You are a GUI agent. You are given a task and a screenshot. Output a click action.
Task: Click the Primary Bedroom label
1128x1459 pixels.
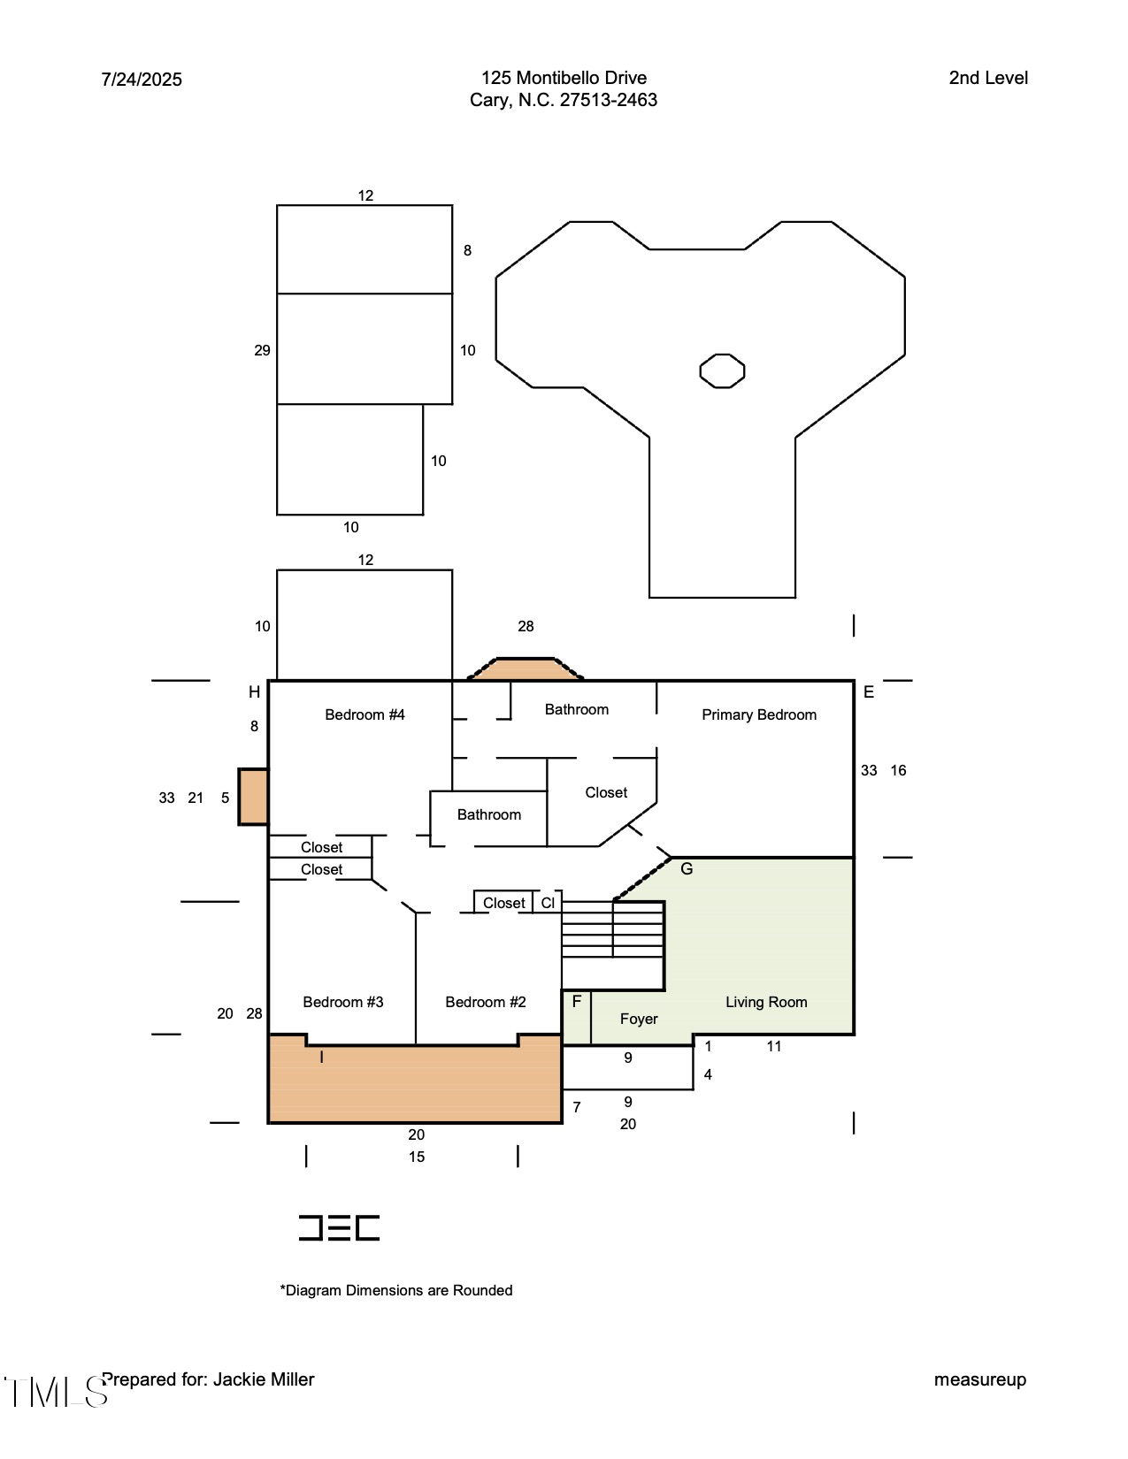click(758, 714)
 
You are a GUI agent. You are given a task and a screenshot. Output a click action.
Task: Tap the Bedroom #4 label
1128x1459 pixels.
click(364, 714)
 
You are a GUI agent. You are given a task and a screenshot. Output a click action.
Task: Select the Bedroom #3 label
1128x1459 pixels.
click(342, 1002)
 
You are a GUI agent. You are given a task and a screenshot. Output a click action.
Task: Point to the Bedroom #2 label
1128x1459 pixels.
click(485, 1002)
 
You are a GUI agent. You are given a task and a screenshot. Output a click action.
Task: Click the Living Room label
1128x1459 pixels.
click(765, 1002)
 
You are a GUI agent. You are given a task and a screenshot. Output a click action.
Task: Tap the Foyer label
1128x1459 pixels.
click(638, 1019)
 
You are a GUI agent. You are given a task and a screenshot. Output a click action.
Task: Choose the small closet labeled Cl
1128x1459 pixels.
click(548, 903)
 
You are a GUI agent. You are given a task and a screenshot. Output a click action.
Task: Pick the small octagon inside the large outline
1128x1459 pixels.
click(722, 370)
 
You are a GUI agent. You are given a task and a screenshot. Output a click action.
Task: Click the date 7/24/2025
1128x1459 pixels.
click(142, 80)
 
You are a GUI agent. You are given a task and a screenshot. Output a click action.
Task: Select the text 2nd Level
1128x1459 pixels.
click(987, 78)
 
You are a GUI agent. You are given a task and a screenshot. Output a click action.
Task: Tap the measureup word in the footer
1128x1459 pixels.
click(979, 1379)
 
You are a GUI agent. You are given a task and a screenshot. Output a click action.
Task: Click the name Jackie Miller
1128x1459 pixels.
click(264, 1379)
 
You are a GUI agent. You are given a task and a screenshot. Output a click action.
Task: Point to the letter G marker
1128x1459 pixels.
click(687, 869)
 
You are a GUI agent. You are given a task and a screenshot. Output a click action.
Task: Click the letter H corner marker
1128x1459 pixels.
click(254, 692)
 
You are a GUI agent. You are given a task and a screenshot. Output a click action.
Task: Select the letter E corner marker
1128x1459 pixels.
click(868, 692)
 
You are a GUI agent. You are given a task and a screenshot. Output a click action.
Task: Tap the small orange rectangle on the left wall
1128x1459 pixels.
click(253, 797)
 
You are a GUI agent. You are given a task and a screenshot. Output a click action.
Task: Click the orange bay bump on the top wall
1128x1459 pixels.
click(526, 668)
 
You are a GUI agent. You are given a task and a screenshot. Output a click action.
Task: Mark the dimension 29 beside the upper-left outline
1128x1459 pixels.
click(262, 350)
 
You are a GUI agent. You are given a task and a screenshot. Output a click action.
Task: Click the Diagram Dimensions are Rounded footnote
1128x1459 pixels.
click(396, 1290)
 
